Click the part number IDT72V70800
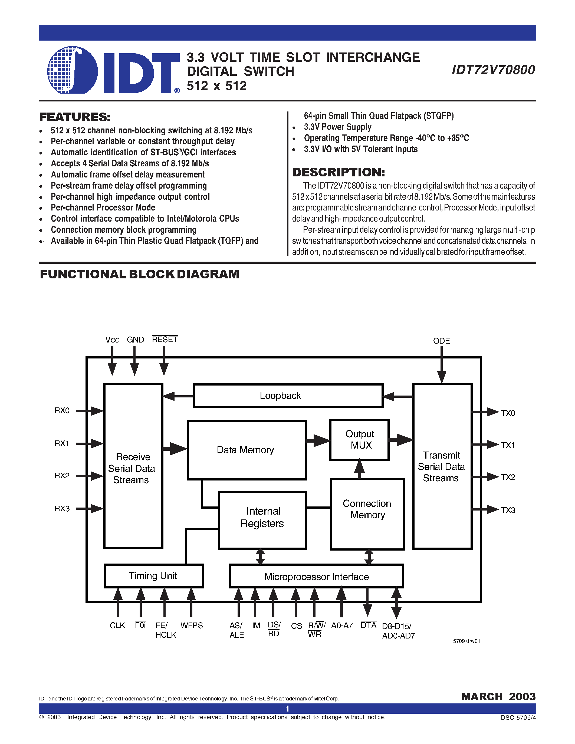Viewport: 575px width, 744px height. click(493, 70)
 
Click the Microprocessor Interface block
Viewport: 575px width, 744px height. click(316, 576)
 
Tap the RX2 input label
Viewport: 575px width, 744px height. click(62, 476)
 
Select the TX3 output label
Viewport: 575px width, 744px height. click(508, 510)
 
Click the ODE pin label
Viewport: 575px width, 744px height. click(441, 341)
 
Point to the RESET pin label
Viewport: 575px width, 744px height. click(165, 340)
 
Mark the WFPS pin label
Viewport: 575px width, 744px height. click(191, 626)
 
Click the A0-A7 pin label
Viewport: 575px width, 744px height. click(342, 626)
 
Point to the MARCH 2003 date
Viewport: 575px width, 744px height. click(498, 697)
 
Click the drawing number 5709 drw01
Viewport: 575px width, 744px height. click(466, 641)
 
